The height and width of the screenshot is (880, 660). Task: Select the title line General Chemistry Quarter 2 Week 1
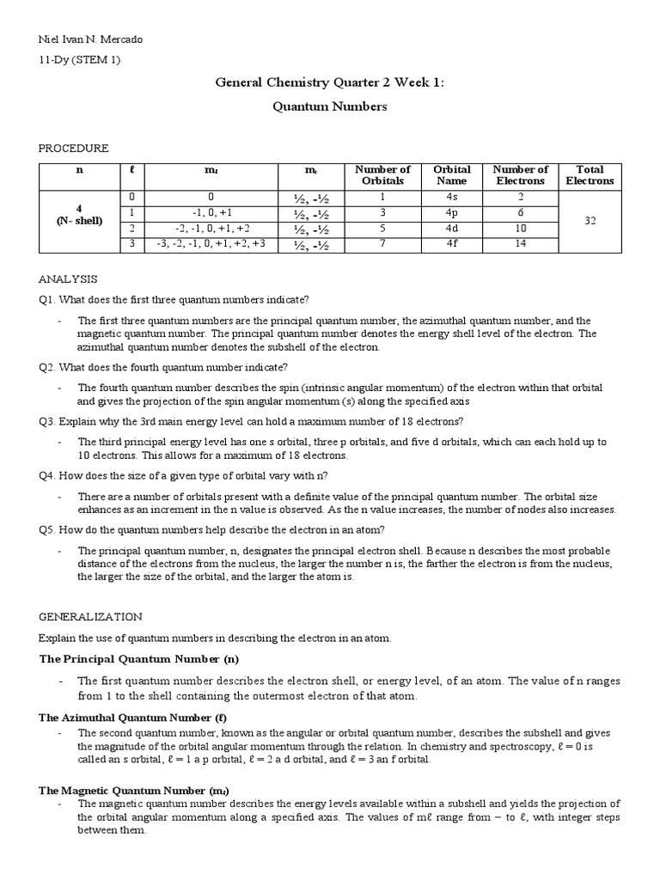329,82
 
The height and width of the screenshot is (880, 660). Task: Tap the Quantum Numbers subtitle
330,107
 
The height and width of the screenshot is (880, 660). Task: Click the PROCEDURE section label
73,148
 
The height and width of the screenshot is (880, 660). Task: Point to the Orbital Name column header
452,175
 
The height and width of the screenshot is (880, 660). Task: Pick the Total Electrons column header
590,175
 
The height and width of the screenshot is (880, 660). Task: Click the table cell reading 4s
452,197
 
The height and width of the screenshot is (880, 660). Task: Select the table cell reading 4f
452,243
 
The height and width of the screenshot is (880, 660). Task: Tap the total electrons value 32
590,220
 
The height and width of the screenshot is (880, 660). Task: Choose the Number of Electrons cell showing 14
521,243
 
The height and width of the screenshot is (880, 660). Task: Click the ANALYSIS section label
68,279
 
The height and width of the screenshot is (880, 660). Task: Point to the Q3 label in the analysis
47,421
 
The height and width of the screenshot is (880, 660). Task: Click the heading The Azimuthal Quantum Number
132,717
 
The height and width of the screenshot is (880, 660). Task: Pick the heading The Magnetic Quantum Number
133,790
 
